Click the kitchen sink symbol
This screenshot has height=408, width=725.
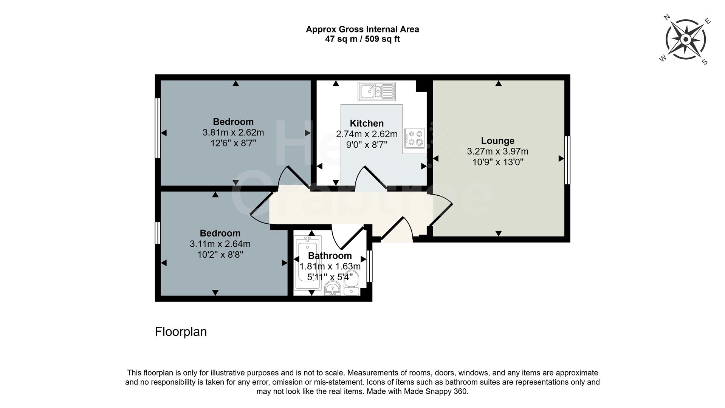click(376, 91)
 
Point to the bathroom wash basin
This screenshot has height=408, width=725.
click(333, 289)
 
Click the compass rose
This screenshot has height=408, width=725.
click(685, 39)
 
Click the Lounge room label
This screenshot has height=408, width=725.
click(497, 141)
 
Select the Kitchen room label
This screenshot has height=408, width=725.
click(366, 124)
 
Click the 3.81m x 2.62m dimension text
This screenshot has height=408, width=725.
click(233, 133)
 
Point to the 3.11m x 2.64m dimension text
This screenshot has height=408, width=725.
click(220, 244)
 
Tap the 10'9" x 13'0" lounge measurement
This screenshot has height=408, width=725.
click(497, 162)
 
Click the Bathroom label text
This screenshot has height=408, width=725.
click(330, 256)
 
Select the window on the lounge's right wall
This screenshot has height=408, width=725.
click(567, 160)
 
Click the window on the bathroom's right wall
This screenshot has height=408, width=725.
click(370, 266)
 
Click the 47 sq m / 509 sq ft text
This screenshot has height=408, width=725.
click(362, 39)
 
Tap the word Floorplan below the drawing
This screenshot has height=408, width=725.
click(181, 332)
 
